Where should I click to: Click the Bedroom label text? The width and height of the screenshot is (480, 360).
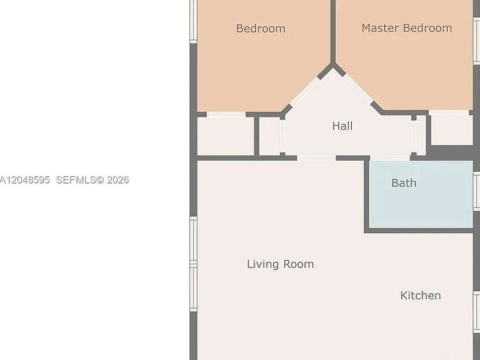click(x=261, y=29)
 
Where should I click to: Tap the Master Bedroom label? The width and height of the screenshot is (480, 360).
click(x=407, y=28)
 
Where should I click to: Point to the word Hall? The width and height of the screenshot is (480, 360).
click(x=342, y=126)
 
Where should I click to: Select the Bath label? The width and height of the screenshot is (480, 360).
click(x=404, y=182)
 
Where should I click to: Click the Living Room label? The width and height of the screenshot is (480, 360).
click(x=281, y=264)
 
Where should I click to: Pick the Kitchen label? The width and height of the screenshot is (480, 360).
click(x=421, y=296)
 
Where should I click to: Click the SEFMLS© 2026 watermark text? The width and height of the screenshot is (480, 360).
click(x=92, y=180)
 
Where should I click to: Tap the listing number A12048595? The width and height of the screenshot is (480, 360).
click(x=24, y=180)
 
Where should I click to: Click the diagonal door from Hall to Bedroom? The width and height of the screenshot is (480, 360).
click(x=304, y=91)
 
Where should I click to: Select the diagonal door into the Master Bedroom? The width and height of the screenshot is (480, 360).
click(x=358, y=89)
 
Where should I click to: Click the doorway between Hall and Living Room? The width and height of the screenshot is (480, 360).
click(x=316, y=158)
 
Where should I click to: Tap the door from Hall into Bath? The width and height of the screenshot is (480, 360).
click(x=390, y=158)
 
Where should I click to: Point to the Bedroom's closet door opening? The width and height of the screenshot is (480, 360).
click(x=226, y=114)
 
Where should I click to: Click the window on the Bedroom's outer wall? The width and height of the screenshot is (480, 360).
click(x=194, y=21)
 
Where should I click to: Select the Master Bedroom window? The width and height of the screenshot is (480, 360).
click(x=477, y=41)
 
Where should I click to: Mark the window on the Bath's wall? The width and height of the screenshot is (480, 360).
click(x=477, y=191)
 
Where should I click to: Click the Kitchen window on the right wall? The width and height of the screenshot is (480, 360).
click(x=477, y=312)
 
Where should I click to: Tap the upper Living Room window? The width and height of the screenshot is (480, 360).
click(x=194, y=240)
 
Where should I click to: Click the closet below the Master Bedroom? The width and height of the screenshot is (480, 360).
click(x=452, y=130)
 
